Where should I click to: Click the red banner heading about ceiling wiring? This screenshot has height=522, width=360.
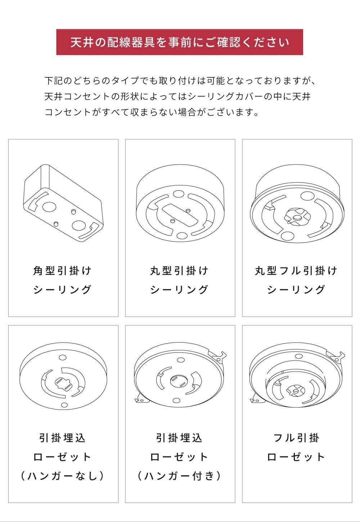pos(180,42)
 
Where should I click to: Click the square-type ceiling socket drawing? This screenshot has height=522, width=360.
pos(63,203)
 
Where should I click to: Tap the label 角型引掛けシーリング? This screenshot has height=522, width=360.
pos(62,280)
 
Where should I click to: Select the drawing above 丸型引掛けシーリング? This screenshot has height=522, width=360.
pos(180,203)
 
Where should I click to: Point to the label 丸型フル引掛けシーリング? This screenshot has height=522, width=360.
pos(296,280)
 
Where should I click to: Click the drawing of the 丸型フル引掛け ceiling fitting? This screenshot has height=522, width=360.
pos(297,203)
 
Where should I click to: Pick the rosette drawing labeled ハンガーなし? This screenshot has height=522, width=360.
pos(63,376)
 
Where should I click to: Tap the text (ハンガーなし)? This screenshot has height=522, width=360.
pos(62,476)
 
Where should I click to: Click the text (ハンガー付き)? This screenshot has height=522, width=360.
pos(179,476)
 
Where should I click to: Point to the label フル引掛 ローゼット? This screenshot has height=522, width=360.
pos(296,448)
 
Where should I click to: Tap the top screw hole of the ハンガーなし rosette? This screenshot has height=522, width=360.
pos(63,357)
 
